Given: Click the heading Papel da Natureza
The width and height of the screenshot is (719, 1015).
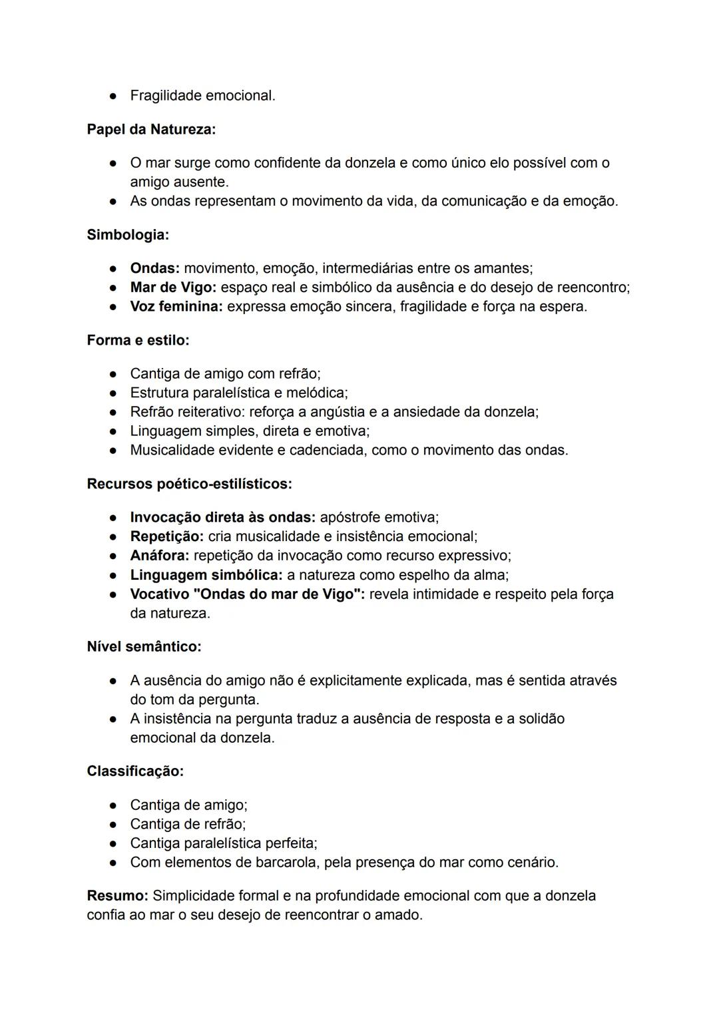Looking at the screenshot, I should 151,129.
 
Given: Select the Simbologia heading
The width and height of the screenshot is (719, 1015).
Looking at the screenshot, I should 128,234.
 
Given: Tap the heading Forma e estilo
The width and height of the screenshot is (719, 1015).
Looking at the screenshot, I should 138,340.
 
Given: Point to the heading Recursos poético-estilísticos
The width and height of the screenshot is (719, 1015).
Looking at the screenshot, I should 189,484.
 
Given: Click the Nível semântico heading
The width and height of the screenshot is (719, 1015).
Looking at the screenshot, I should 144,646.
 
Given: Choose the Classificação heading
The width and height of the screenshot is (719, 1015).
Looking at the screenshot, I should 135,771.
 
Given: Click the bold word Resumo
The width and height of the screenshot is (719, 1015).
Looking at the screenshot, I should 117,895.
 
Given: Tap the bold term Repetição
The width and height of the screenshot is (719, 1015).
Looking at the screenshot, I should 166,536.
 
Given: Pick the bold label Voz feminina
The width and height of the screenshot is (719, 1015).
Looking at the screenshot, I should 176,307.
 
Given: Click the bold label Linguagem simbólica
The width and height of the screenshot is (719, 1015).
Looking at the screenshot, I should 206,574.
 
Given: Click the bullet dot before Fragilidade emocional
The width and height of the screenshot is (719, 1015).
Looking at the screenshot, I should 114,96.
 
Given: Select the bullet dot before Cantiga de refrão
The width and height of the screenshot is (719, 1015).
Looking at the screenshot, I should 114,824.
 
